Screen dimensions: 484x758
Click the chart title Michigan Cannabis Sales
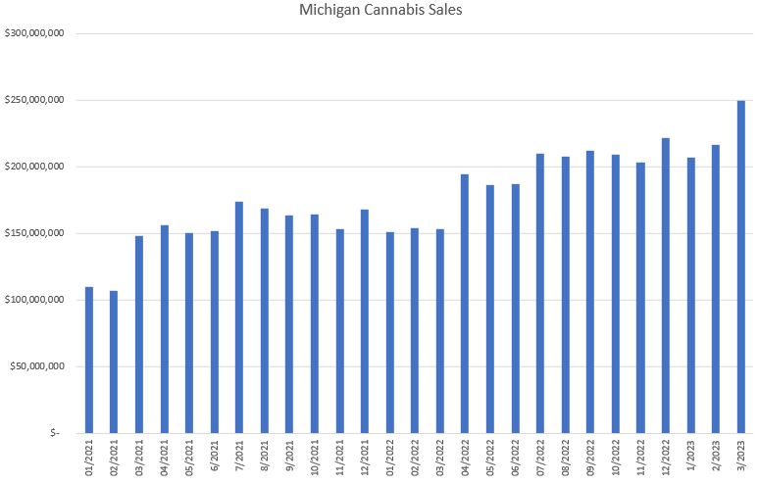point(379,11)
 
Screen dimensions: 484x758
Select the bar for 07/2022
point(540,293)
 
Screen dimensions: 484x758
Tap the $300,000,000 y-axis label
point(34,33)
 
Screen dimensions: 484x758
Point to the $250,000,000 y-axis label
point(34,100)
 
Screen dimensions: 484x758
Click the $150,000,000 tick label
point(34,233)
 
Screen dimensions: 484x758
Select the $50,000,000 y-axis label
point(36,366)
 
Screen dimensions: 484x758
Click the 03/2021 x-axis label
point(140,457)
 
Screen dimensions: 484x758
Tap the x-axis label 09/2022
point(591,457)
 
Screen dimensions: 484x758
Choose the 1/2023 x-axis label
point(691,455)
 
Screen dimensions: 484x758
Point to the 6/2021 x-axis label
point(215,455)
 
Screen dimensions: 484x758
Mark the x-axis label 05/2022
point(490,457)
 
